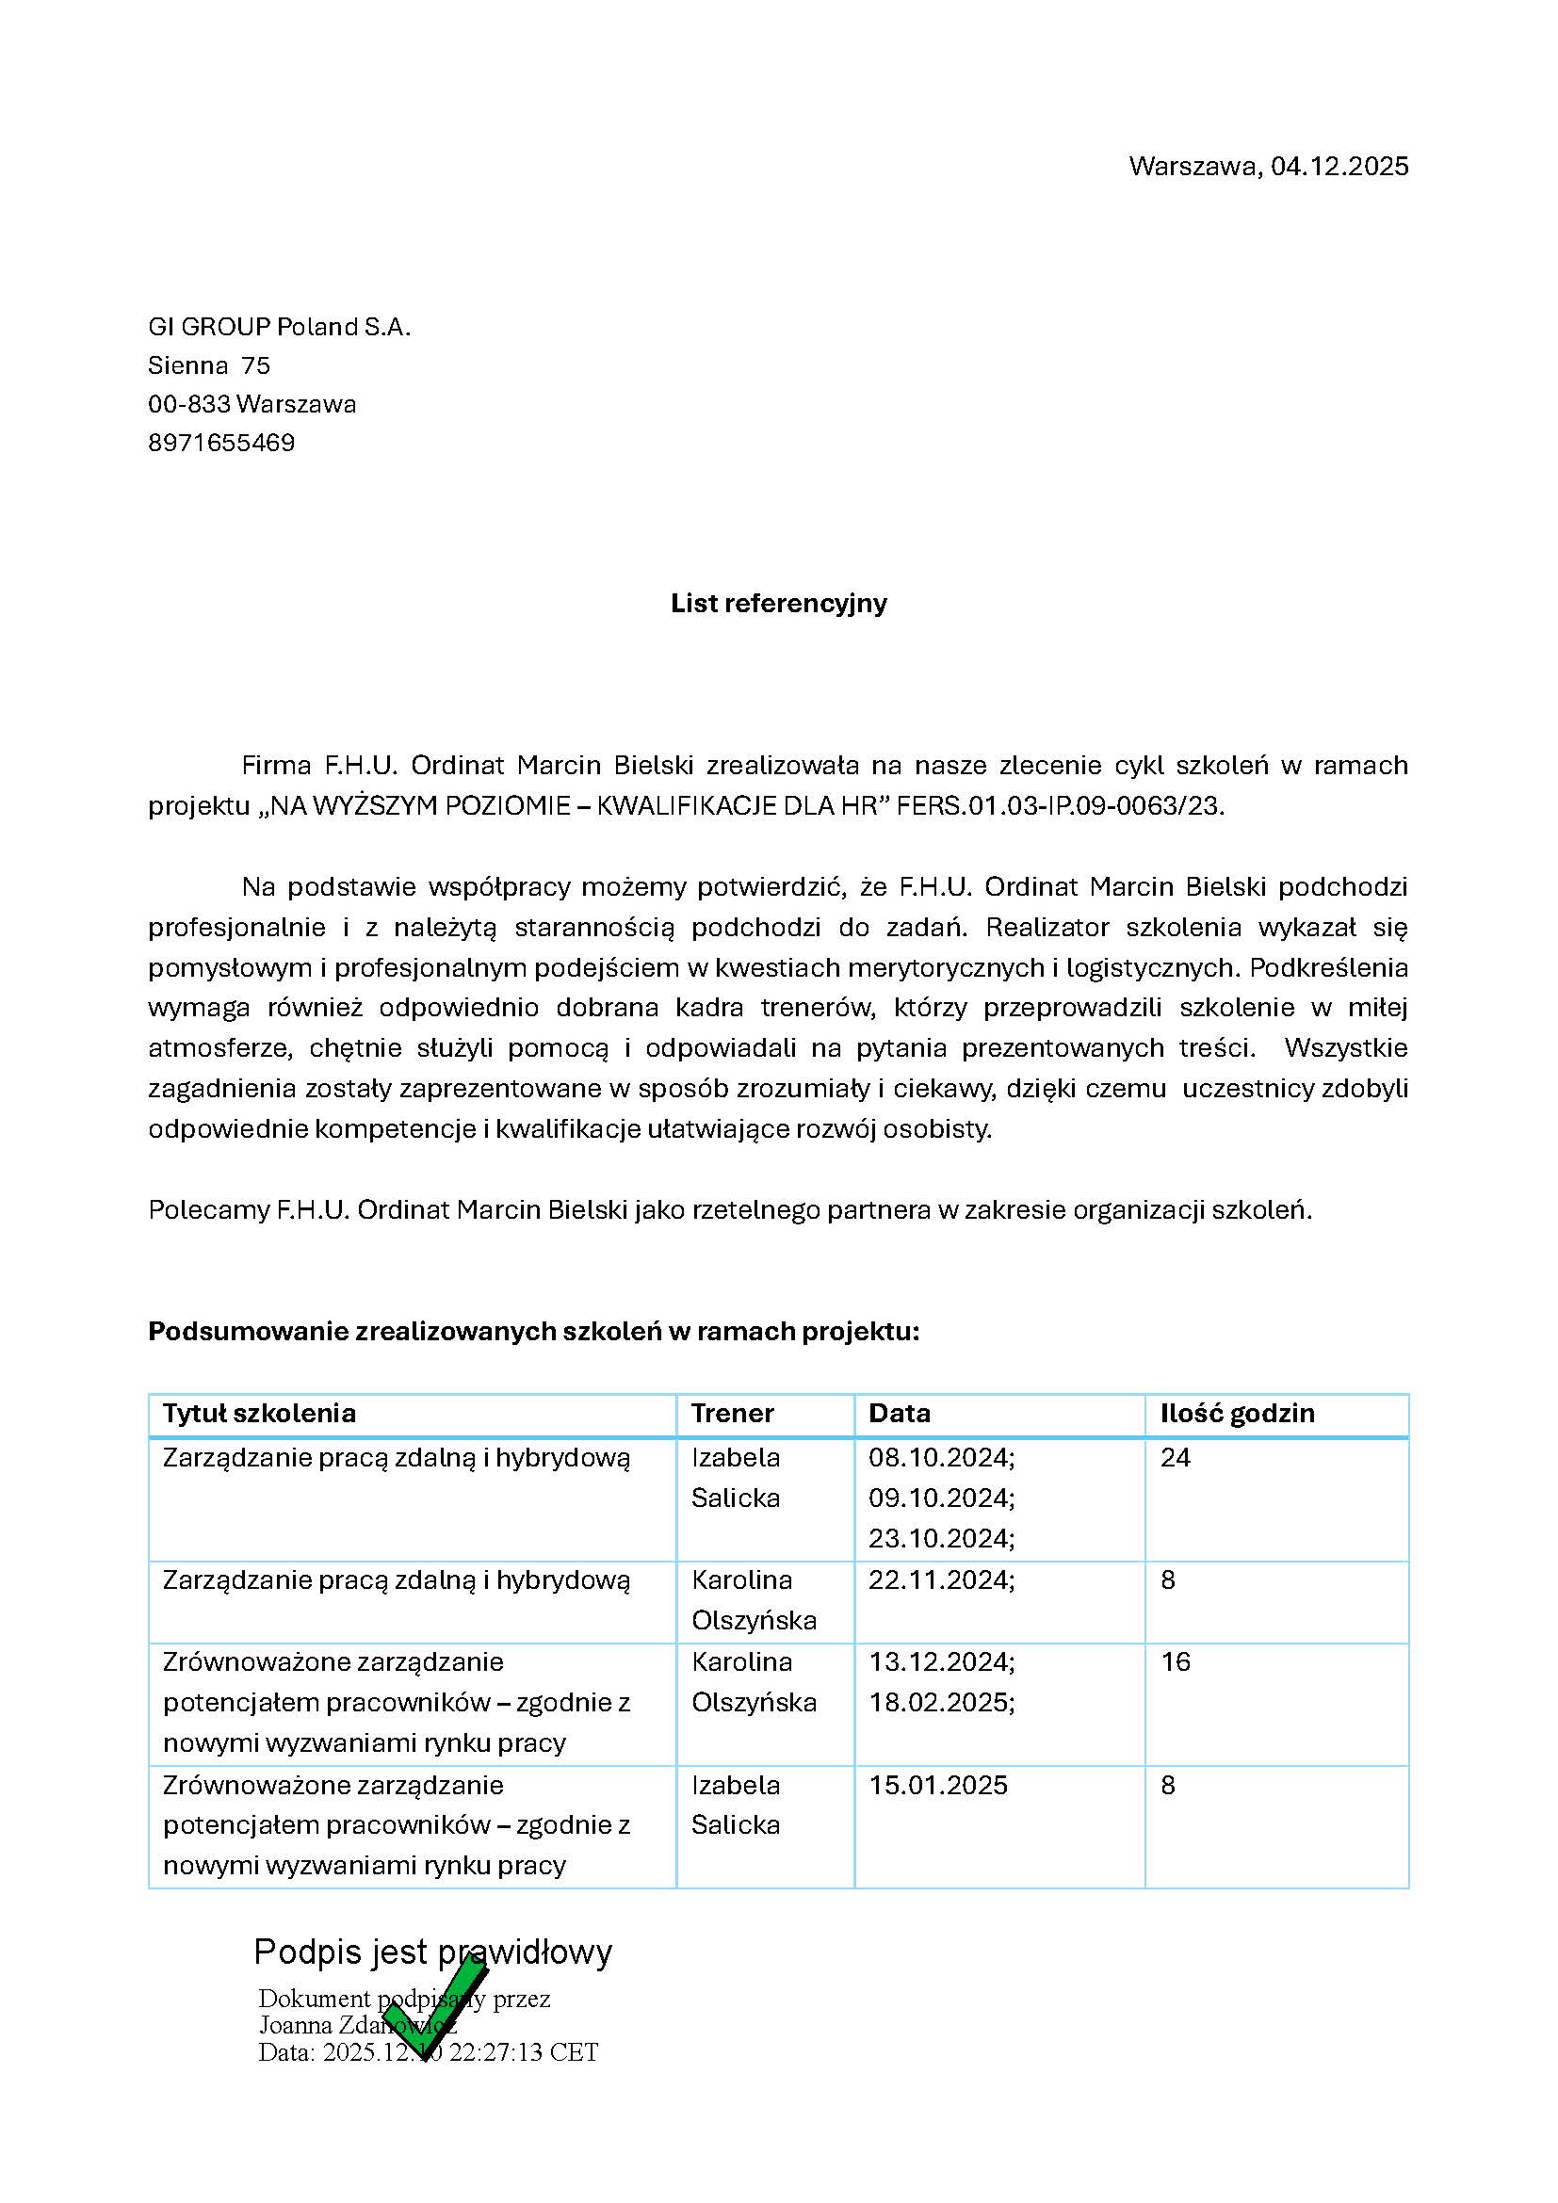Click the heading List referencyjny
coord(778,604)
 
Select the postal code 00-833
coord(189,404)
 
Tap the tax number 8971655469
coord(221,444)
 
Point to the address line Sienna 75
coord(209,365)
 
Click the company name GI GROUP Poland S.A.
coord(279,327)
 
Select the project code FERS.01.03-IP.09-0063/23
coord(1060,806)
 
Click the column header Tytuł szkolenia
coord(259,1414)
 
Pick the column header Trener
coord(732,1414)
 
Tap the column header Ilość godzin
coord(1237,1414)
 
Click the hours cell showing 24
coord(1176,1458)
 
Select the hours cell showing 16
coord(1176,1661)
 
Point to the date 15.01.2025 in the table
coord(938,1785)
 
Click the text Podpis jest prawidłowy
coord(432,1952)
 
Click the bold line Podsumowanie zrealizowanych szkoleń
coord(533,1332)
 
